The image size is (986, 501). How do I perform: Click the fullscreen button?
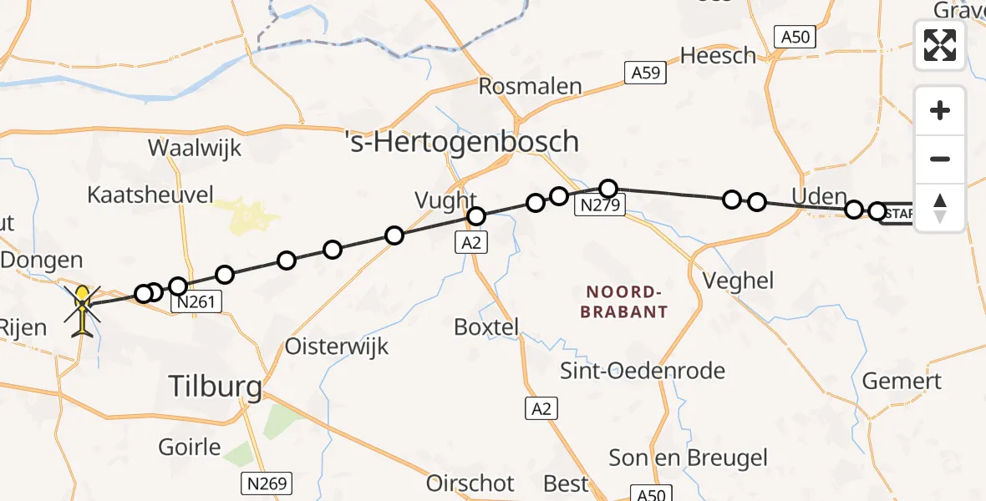click(x=940, y=45)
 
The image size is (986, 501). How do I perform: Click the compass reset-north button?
click(x=940, y=208)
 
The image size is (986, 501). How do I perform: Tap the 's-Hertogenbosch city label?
click(x=462, y=141)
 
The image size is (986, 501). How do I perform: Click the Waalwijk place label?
click(x=195, y=149)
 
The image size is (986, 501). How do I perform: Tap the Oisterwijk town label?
click(x=337, y=345)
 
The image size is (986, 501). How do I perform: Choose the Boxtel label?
click(x=486, y=326)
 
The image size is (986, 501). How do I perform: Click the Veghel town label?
click(x=738, y=281)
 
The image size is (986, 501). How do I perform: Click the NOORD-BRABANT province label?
click(x=627, y=301)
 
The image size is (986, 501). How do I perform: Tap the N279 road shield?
click(x=600, y=205)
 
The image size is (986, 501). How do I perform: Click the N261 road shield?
click(x=196, y=304)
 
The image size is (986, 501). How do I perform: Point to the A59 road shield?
click(x=646, y=73)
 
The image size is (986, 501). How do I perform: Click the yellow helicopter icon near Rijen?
click(x=83, y=311)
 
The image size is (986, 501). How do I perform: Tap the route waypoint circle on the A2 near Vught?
click(x=476, y=217)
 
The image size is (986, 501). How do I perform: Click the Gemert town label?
click(x=902, y=382)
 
